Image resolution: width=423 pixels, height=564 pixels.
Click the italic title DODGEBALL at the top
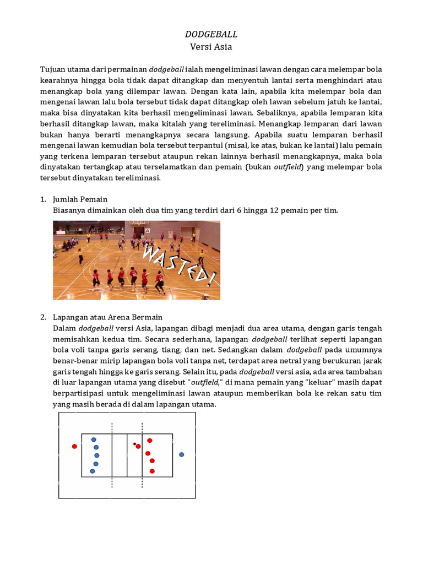pyautogui.click(x=211, y=34)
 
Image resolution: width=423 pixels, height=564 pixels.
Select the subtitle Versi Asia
pyautogui.click(x=211, y=47)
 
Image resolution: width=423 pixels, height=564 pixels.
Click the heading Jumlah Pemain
pyautogui.click(x=80, y=199)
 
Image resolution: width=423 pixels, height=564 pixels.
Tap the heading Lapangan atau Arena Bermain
pyautogui.click(x=107, y=317)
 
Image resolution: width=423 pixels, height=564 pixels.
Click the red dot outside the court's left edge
pyautogui.click(x=74, y=446)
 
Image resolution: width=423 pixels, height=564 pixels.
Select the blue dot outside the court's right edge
pyautogui.click(x=181, y=454)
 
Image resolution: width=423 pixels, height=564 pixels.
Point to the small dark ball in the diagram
pyautogui.click(x=134, y=443)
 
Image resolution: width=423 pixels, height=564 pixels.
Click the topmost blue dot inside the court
pyautogui.click(x=94, y=440)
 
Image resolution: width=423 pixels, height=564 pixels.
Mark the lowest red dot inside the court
pyautogui.click(x=152, y=471)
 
